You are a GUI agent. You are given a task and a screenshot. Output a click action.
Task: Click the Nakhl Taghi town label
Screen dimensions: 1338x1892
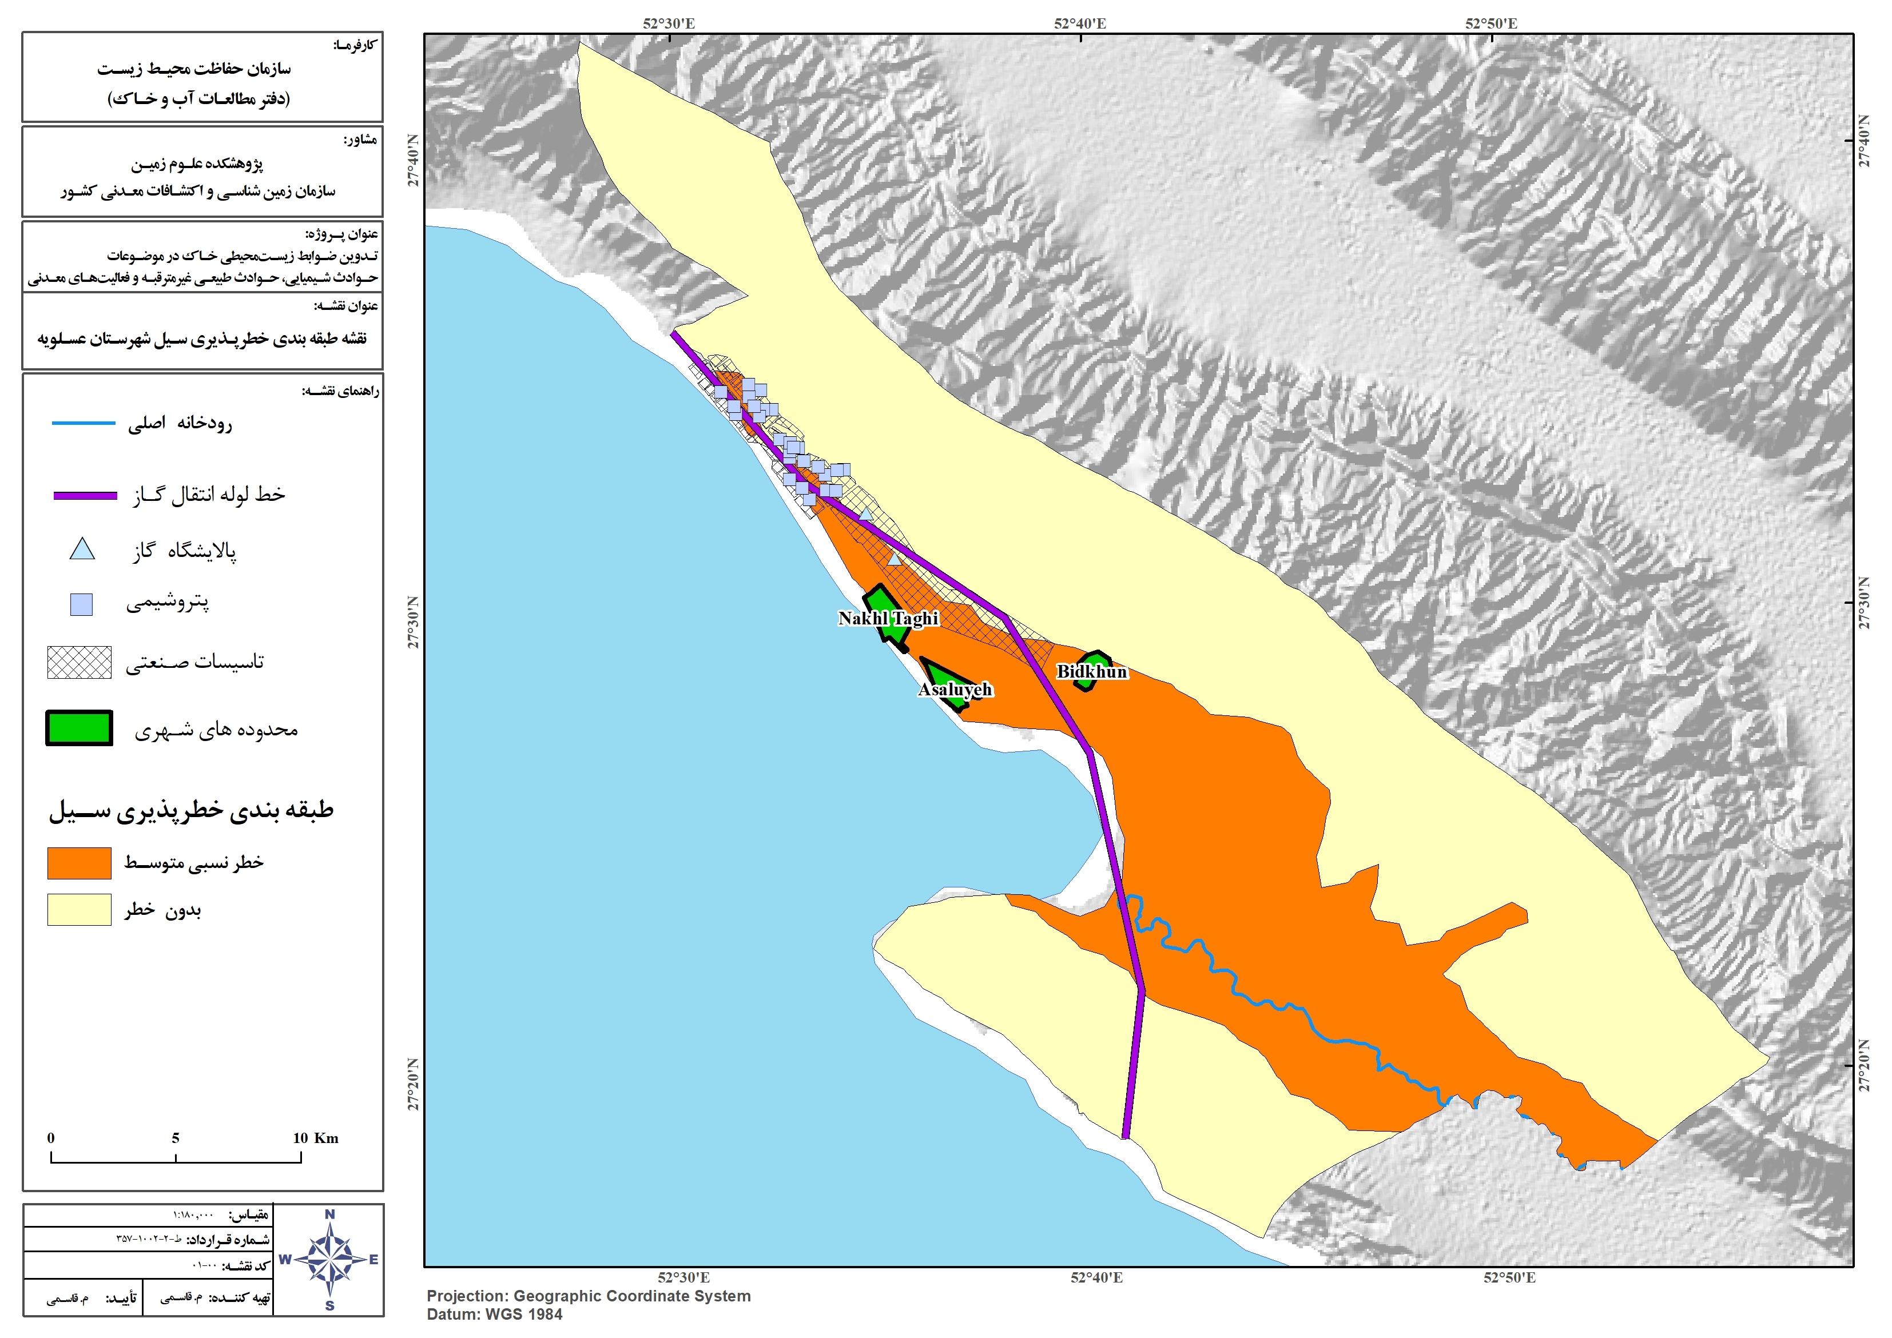coord(888,619)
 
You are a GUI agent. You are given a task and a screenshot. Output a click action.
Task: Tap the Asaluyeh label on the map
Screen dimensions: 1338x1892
coord(955,690)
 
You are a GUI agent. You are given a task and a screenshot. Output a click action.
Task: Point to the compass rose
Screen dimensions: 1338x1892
coord(329,1260)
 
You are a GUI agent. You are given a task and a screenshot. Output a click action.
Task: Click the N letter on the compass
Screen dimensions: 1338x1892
coord(329,1214)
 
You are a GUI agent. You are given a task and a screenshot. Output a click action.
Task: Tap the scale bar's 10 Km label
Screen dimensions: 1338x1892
coord(316,1138)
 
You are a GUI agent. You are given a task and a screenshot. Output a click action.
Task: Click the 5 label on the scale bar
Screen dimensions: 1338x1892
coord(176,1138)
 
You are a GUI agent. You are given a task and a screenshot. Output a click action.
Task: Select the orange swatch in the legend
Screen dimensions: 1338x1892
coord(79,863)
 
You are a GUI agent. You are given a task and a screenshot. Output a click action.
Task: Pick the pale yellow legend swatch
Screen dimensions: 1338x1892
coord(79,910)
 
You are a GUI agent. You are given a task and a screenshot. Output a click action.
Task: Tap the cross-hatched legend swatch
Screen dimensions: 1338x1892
coord(79,662)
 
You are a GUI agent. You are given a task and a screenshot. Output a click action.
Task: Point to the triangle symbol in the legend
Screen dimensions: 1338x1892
coord(82,549)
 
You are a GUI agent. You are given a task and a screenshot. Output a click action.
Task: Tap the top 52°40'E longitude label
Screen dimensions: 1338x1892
coord(1079,23)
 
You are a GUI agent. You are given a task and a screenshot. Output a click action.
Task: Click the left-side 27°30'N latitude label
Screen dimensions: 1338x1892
coord(413,622)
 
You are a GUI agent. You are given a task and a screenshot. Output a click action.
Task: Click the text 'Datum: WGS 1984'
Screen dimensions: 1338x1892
coord(494,1315)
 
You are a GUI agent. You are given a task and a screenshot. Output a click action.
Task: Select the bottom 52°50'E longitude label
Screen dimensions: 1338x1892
coord(1509,1278)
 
